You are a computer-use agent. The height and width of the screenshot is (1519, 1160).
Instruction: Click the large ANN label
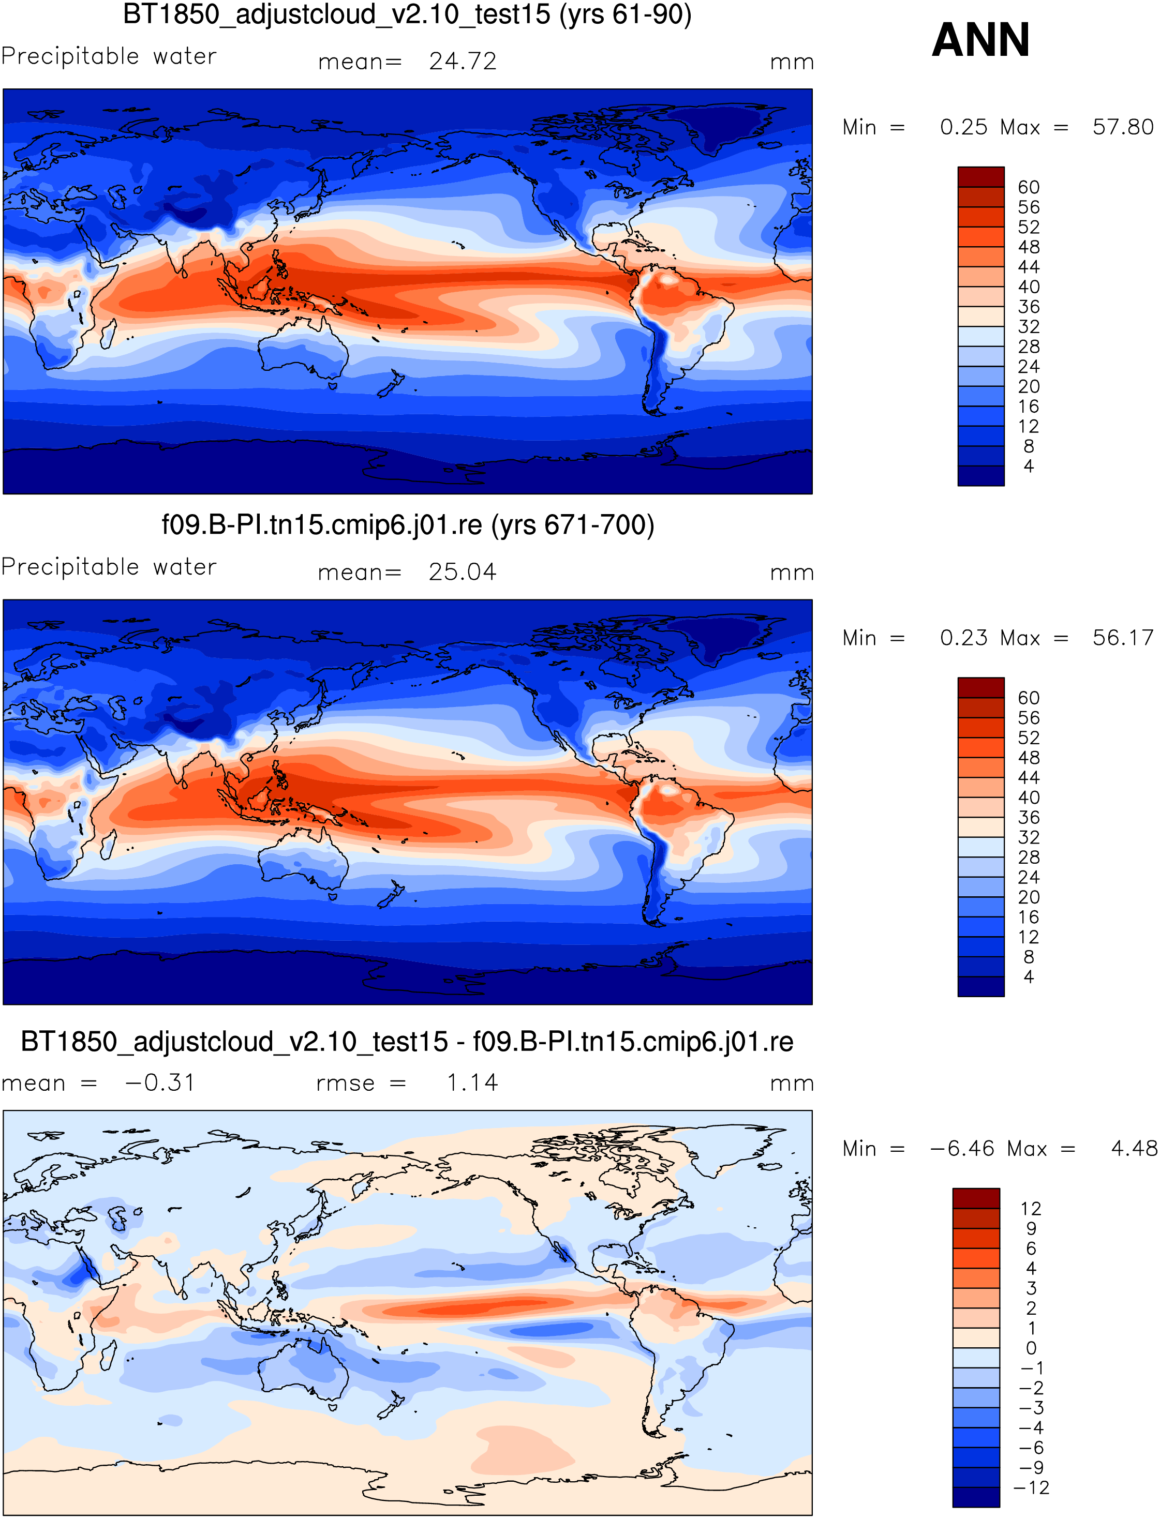pyautogui.click(x=980, y=40)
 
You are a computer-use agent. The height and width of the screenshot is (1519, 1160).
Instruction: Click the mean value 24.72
pyautogui.click(x=463, y=62)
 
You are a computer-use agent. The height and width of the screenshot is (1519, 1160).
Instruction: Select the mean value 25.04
pyautogui.click(x=463, y=572)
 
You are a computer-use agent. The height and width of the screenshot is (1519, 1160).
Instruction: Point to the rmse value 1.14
pyautogui.click(x=472, y=1083)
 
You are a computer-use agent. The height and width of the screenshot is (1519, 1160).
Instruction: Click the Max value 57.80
pyautogui.click(x=1123, y=127)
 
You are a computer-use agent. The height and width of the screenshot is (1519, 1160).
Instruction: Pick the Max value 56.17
pyautogui.click(x=1123, y=638)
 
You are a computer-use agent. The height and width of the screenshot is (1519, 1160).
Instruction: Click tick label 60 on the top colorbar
pyautogui.click(x=1029, y=187)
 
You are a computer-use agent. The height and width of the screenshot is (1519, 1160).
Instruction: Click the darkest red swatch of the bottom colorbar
pyautogui.click(x=976, y=1198)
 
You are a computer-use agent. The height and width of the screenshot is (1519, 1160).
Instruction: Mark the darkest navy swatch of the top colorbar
pyautogui.click(x=981, y=476)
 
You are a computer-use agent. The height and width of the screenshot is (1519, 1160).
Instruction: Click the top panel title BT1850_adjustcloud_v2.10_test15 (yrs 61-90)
pyautogui.click(x=407, y=14)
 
